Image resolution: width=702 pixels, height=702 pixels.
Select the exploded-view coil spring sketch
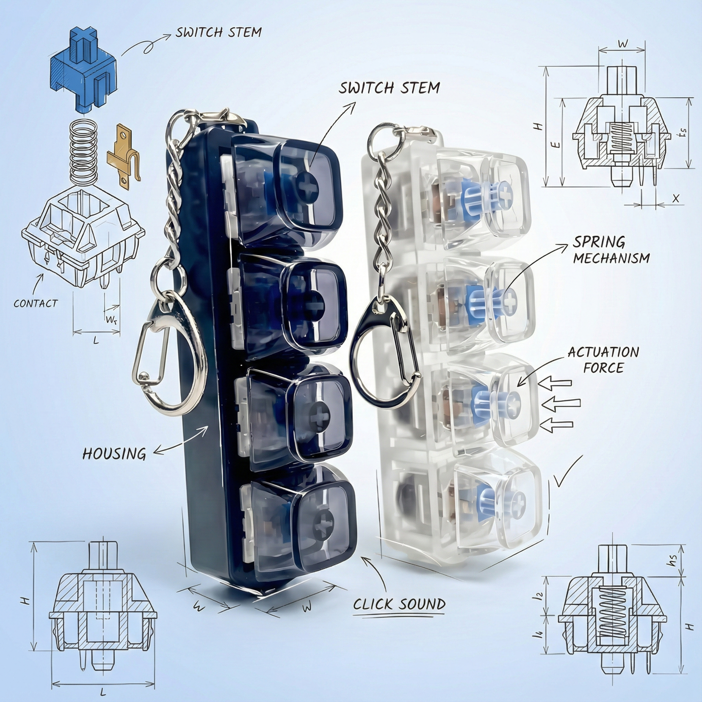[x=85, y=151]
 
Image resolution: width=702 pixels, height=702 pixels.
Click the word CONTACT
[x=35, y=303]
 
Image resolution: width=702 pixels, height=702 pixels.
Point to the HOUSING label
[x=114, y=454]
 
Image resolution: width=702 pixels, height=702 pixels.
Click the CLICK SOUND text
[x=399, y=604]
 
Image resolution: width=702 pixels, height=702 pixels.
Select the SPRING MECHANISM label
[x=612, y=250]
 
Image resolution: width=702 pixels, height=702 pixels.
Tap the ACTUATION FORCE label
[x=603, y=360]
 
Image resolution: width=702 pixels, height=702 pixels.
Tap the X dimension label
[x=676, y=198]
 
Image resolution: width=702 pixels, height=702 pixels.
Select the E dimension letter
[x=556, y=144]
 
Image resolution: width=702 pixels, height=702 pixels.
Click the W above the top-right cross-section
[x=622, y=44]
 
